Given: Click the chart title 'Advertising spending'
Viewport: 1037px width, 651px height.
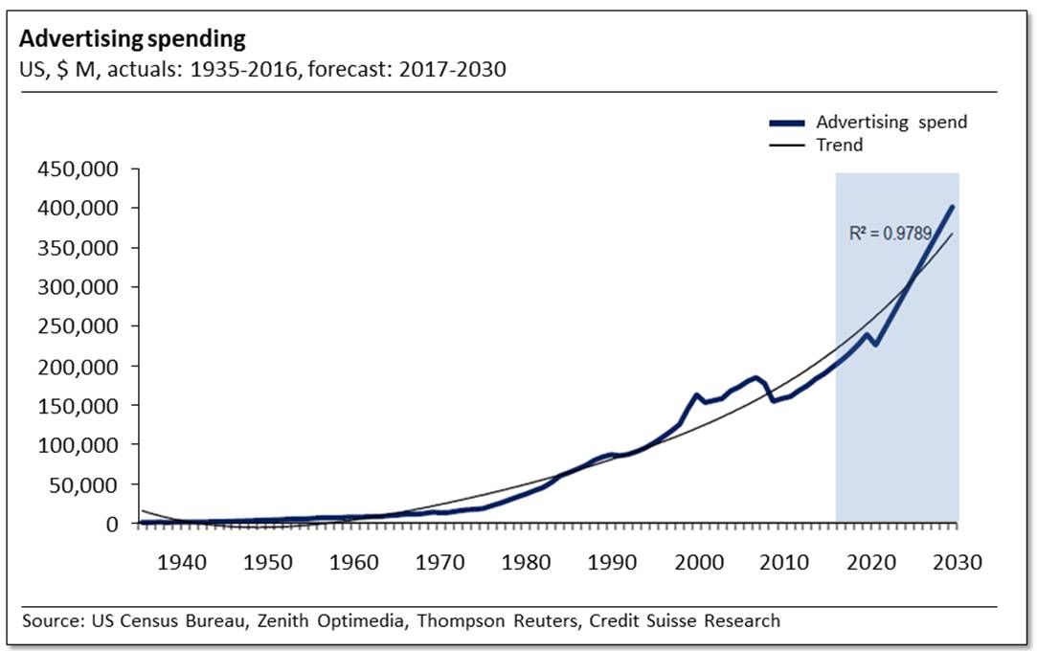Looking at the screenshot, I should tap(132, 39).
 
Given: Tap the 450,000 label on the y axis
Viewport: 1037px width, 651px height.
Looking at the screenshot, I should tap(79, 169).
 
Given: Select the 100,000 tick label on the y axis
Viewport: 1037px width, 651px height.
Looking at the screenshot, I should tap(79, 445).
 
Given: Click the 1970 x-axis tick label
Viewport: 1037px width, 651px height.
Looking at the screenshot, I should tap(440, 562).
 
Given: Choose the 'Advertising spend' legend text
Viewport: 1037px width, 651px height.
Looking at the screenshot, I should tap(891, 123).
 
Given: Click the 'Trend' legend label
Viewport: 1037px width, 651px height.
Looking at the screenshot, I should tap(839, 146).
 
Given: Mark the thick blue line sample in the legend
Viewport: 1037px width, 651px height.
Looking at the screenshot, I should tap(787, 123).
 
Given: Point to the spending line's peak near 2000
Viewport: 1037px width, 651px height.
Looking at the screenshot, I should tap(696, 394).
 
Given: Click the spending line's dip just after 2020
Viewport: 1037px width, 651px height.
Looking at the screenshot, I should tap(875, 345).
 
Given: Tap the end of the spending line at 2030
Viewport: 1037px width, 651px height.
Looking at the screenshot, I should tap(953, 206).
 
